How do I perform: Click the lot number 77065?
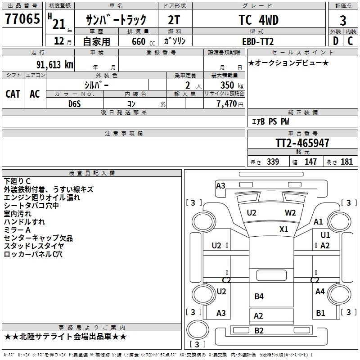[x=22, y=19]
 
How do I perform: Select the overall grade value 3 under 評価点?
[x=343, y=20]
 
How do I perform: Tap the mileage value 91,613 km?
[x=55, y=65]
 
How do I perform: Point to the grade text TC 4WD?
[x=259, y=20]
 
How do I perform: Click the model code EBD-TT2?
[x=258, y=41]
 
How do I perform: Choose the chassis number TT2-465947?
[x=302, y=143]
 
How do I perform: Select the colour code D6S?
[x=75, y=104]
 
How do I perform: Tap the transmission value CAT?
[x=13, y=94]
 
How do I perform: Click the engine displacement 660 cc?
[x=143, y=41]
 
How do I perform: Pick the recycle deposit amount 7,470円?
[x=230, y=104]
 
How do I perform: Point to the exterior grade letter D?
[x=335, y=41]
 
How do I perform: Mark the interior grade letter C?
[x=350, y=41]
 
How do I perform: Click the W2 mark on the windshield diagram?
[x=290, y=212]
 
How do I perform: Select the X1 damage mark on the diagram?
[x=283, y=229]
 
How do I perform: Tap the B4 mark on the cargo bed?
[x=259, y=296]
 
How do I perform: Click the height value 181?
[x=346, y=162]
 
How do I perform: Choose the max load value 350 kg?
[x=232, y=85]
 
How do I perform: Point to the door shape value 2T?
[x=174, y=20]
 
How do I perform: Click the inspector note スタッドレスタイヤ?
[x=34, y=246]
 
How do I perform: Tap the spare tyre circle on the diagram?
[x=198, y=329]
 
